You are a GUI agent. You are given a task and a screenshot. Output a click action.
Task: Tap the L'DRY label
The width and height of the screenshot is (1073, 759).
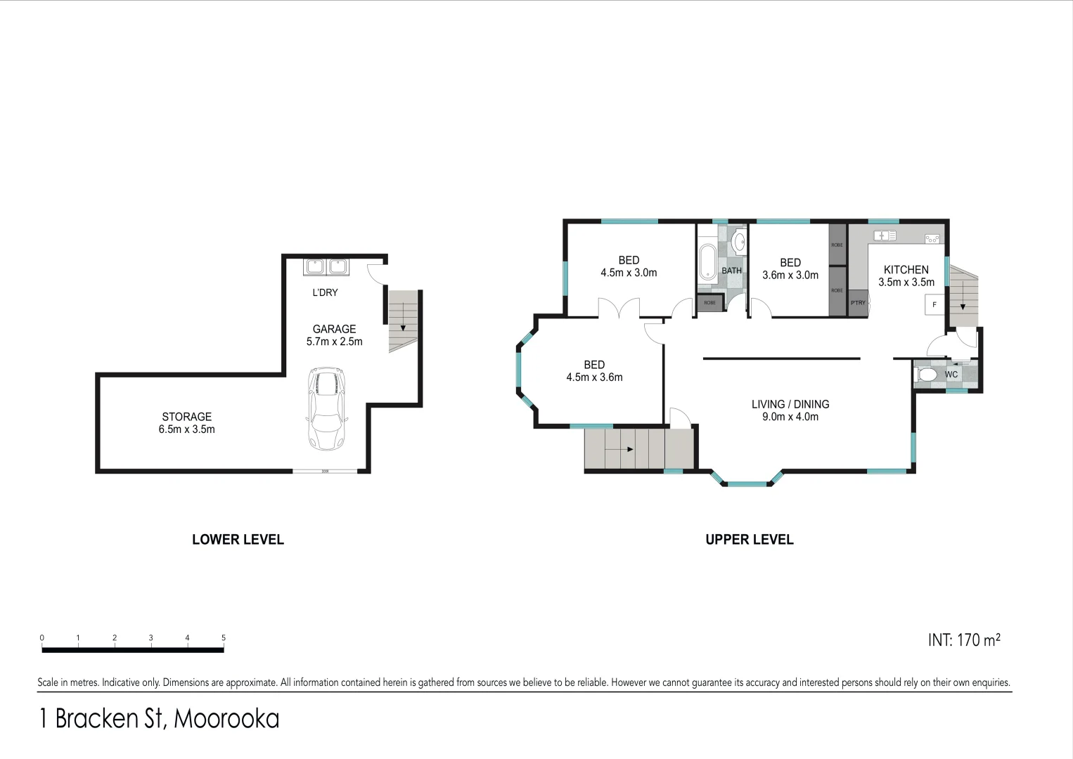click(x=325, y=292)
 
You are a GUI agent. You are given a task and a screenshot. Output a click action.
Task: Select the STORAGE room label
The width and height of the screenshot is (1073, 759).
click(x=186, y=417)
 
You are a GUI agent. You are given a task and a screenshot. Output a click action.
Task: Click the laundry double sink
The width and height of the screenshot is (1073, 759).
click(x=326, y=267)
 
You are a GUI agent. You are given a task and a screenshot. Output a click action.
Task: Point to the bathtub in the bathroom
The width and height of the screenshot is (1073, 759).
click(x=707, y=262)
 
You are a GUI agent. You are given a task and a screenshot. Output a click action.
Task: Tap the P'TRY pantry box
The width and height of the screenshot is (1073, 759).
click(x=858, y=303)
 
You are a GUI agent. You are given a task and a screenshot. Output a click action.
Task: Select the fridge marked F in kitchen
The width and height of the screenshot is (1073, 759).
click(x=934, y=304)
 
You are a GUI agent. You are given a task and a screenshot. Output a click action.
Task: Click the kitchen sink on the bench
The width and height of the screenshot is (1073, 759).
click(x=883, y=235)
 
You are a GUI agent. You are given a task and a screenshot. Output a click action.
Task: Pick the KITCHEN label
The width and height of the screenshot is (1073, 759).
click(x=906, y=270)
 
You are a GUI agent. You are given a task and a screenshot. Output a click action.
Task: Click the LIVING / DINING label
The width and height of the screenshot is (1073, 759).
click(x=790, y=404)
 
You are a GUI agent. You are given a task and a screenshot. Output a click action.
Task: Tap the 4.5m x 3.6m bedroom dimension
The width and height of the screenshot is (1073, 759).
click(x=594, y=377)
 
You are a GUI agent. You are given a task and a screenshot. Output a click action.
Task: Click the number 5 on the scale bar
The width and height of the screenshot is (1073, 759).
click(x=224, y=638)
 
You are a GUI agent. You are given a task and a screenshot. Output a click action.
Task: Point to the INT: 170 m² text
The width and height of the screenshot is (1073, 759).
click(x=963, y=640)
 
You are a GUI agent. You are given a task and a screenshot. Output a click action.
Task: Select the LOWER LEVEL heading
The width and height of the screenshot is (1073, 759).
click(x=238, y=540)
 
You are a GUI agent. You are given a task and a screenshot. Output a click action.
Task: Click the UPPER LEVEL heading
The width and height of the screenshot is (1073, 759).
click(x=749, y=540)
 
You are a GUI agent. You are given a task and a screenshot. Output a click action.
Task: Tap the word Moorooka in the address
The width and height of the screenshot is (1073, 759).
click(x=226, y=718)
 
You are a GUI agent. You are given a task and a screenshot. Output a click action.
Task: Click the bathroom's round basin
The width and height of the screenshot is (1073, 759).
click(x=739, y=242)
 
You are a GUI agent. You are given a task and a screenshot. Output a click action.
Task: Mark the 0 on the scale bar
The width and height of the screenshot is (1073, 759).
click(x=42, y=638)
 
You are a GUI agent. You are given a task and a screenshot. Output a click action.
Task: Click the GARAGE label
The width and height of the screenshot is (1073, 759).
click(x=334, y=329)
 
